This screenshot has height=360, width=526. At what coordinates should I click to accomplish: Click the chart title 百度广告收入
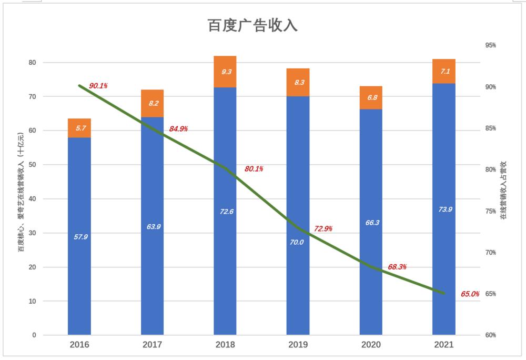[252, 26]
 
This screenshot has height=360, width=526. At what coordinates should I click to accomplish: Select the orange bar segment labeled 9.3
[225, 72]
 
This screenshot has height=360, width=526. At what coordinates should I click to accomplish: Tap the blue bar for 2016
[79, 236]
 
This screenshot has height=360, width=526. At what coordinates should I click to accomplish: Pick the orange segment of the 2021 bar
[444, 71]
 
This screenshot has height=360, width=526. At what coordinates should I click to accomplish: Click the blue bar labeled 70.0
[298, 216]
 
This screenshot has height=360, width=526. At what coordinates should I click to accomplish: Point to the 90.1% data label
[98, 86]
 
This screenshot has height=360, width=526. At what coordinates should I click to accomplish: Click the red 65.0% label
[470, 294]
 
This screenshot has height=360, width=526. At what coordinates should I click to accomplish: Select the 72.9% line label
[323, 229]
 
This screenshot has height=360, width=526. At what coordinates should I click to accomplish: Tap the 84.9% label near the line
[178, 128]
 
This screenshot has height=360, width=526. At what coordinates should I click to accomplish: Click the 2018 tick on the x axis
[225, 345]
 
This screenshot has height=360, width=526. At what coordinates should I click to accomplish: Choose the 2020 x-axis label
[371, 345]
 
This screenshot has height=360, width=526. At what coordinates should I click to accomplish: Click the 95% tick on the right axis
[490, 45]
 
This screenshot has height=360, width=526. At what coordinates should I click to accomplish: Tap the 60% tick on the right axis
[490, 335]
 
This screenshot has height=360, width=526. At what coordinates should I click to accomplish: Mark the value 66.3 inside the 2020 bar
[371, 223]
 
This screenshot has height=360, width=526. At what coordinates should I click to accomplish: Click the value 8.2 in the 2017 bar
[153, 103]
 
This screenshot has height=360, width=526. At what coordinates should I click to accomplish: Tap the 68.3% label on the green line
[397, 267]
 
